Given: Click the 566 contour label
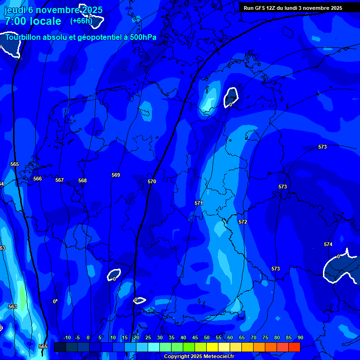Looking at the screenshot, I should click(x=37, y=179).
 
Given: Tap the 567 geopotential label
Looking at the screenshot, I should click(x=60, y=180).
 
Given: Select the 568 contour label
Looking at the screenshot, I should click(x=82, y=180).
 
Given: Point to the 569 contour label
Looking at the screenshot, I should click(x=116, y=175).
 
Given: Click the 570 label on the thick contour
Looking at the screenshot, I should click(x=152, y=181).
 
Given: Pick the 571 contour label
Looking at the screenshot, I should click(x=199, y=203).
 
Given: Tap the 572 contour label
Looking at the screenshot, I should click(x=243, y=222).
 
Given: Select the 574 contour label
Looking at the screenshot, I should click(x=328, y=244).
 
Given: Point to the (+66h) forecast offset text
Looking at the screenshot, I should click(x=82, y=21).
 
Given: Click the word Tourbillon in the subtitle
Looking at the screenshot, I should click(x=24, y=37).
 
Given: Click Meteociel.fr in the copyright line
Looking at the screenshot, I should click(x=219, y=357).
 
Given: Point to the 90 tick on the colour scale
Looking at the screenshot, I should click(x=300, y=338).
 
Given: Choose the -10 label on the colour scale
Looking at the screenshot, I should click(x=67, y=338).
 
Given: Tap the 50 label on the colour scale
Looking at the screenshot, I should click(x=207, y=338).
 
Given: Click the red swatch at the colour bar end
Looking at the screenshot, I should click(x=294, y=347).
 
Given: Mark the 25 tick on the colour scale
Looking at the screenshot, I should click(x=148, y=338).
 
